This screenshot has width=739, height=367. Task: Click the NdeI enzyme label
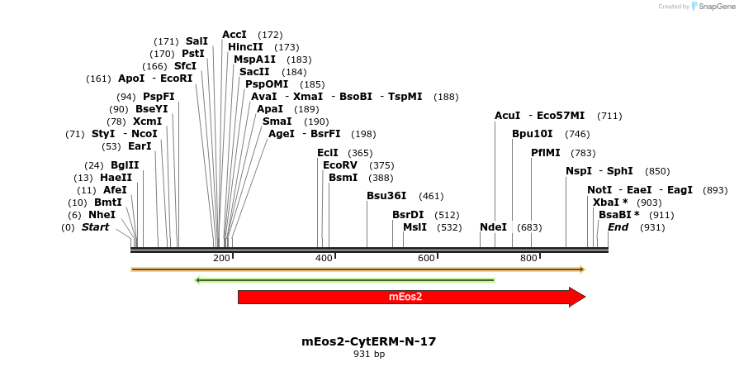tap(493, 226)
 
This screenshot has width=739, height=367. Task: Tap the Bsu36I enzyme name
tap(386, 196)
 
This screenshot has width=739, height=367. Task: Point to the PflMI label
tap(546, 152)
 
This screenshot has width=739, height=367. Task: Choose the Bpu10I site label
tap(533, 133)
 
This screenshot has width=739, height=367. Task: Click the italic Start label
tap(95, 226)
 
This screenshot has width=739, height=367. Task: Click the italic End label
tap(618, 226)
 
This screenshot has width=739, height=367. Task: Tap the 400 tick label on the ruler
tap(324, 259)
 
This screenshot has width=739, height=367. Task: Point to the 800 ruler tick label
tap(528, 259)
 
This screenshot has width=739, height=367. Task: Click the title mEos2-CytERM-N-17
tap(369, 341)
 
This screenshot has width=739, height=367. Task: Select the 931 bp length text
tap(369, 355)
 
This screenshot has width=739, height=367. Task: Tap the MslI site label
tap(415, 226)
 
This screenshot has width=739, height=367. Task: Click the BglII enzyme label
tap(125, 165)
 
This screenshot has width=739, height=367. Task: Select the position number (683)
tap(529, 226)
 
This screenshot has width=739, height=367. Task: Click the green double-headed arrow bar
tap(344, 280)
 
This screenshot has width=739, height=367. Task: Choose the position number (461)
tap(431, 196)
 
